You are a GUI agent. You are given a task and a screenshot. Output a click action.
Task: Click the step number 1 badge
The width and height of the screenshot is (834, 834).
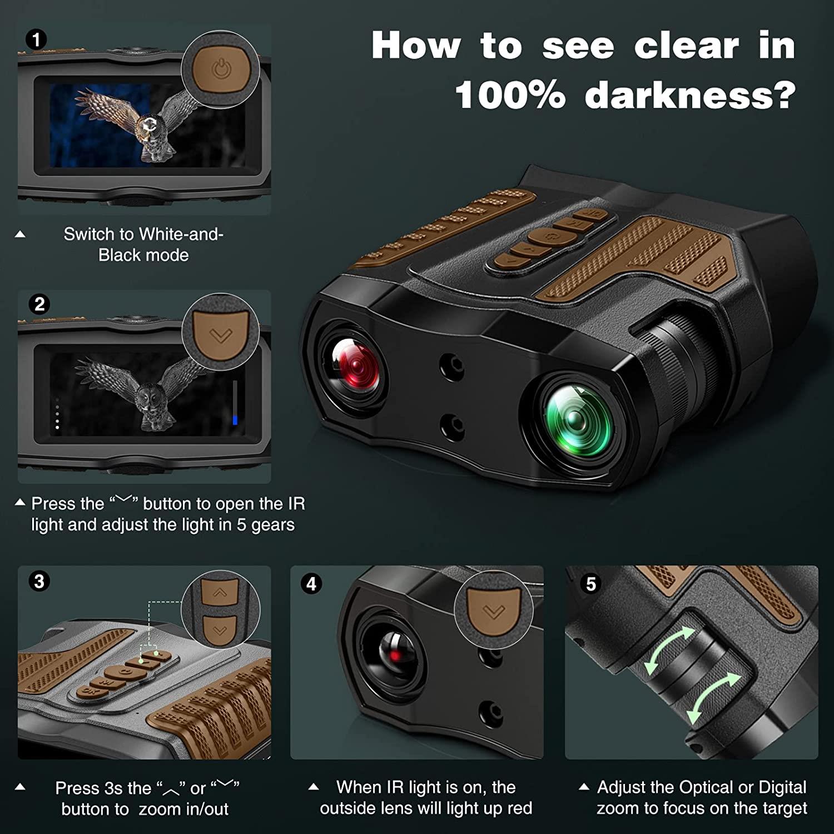(x=37, y=40)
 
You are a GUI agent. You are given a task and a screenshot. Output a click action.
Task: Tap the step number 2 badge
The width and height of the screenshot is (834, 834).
(x=39, y=304)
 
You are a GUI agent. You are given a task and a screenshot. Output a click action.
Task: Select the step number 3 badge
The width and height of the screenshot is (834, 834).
(x=39, y=582)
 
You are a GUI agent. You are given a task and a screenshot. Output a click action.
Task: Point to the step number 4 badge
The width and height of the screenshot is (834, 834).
(x=311, y=584)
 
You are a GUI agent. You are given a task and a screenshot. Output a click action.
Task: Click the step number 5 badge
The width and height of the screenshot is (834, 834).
(x=590, y=584)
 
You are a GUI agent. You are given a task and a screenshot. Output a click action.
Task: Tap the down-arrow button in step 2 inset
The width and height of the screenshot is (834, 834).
(x=221, y=334)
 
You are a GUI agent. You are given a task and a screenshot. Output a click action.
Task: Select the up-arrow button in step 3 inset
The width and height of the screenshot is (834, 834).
(x=220, y=594)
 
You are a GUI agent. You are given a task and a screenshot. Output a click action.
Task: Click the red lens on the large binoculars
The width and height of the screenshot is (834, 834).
(x=355, y=364)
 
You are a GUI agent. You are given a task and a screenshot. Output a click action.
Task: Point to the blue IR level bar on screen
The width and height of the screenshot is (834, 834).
(x=235, y=419)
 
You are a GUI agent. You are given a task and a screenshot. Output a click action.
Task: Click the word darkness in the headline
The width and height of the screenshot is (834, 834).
(x=689, y=95)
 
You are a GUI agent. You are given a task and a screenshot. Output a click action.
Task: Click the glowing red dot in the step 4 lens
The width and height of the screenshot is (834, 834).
(x=395, y=656)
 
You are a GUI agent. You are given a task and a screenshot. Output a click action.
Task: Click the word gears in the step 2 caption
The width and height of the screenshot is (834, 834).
(x=272, y=525)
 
